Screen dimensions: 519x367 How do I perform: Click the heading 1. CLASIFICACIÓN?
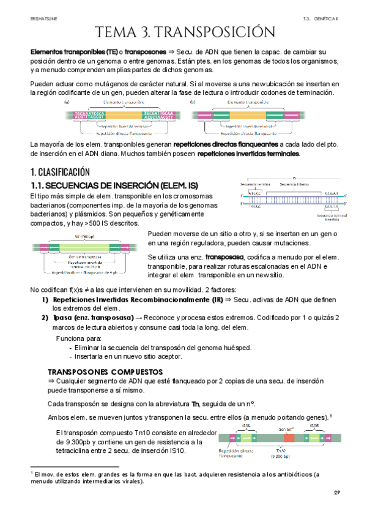point(60,172)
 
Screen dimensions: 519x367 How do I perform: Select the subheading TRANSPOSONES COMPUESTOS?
point(105,372)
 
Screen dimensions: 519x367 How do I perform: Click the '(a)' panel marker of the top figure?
point(66,102)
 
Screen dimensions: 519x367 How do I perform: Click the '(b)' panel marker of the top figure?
point(193,102)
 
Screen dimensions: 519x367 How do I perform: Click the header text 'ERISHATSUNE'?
point(43,19)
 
